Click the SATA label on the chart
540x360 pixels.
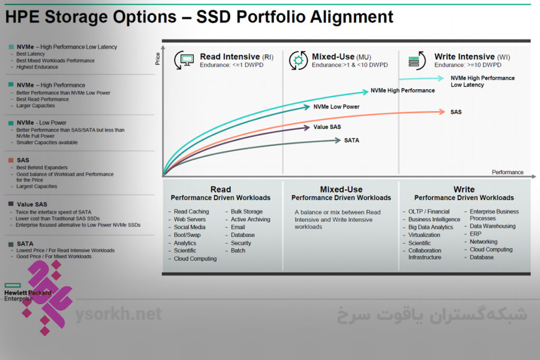click(352, 140)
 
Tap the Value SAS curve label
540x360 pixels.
click(327, 127)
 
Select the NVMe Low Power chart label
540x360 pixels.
click(336, 106)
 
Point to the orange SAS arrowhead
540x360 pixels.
click(442, 112)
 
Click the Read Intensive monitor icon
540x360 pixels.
click(184, 60)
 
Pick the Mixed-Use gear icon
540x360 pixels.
click(298, 60)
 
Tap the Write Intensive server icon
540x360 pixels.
click(417, 61)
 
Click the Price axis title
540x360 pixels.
click(158, 59)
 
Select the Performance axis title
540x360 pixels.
click(507, 172)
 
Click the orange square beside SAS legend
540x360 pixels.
click(11, 160)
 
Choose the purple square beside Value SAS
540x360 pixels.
click(11, 204)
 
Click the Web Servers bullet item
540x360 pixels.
click(189, 219)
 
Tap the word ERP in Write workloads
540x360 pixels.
click(475, 233)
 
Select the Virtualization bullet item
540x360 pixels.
click(424, 235)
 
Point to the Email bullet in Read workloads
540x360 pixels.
click(238, 227)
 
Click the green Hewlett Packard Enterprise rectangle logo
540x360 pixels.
click(13, 285)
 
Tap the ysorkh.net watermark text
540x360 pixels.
click(119, 314)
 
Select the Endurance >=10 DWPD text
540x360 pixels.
click(468, 65)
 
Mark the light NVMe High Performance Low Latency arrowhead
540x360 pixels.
click(440, 78)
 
